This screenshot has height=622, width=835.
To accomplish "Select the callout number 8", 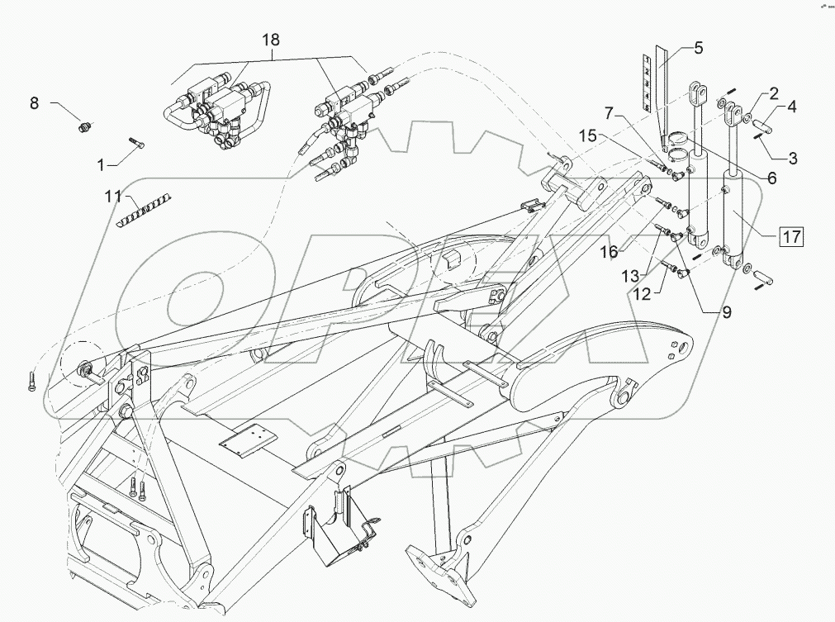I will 34,103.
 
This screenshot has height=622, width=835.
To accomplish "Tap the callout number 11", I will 112,197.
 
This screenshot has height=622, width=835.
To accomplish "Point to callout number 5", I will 698,48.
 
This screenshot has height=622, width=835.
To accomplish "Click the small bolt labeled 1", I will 136,145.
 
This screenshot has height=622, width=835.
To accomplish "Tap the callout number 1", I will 101,164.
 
